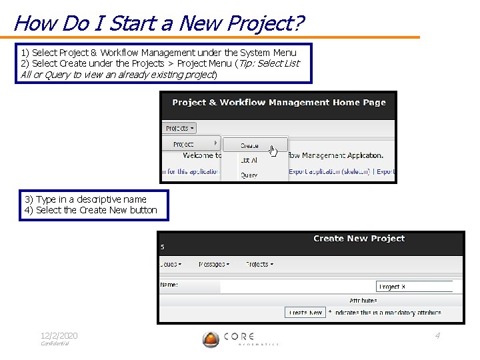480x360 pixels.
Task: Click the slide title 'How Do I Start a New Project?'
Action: pos(159,23)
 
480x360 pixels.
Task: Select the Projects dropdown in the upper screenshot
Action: pos(179,128)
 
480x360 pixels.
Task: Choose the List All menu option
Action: pos(249,161)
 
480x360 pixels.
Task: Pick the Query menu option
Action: pos(249,175)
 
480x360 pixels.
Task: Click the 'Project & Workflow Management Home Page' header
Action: pos(279,103)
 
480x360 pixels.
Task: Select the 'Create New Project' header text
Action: pos(359,239)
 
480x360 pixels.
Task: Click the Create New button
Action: pos(305,312)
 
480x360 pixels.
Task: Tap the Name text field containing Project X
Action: pos(414,287)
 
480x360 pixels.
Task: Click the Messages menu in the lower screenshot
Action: pos(213,265)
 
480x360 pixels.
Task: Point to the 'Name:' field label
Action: pos(169,285)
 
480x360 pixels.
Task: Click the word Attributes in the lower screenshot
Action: pos(363,301)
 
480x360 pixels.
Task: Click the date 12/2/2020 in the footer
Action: pos(59,335)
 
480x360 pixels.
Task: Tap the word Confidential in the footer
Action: pos(55,344)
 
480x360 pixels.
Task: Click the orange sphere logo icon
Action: pos(211,339)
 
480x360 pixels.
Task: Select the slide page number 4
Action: pos(437,335)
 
